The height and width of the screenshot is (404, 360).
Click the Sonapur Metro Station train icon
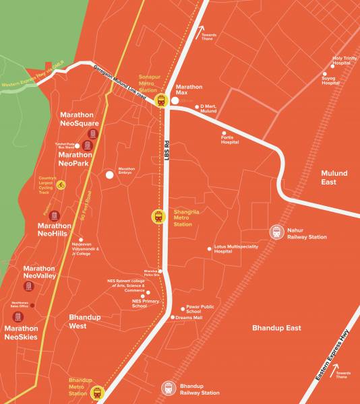pyautogui.click(x=160, y=101)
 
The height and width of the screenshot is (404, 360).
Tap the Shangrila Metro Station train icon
pyautogui.click(x=158, y=217)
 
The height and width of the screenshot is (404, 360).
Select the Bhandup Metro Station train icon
pyautogui.click(x=98, y=392)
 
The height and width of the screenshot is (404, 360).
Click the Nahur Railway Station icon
pyautogui.click(x=276, y=232)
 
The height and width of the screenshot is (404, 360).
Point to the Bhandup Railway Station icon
pyautogui.click(x=169, y=389)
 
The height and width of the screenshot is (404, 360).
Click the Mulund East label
pyautogui.click(x=334, y=178)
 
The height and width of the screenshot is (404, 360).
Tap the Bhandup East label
pyautogui.click(x=276, y=328)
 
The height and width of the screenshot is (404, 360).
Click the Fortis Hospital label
pyautogui.click(x=230, y=141)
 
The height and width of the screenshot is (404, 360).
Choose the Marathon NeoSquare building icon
pyautogui.click(x=94, y=135)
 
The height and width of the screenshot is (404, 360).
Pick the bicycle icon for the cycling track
pyautogui.click(x=61, y=184)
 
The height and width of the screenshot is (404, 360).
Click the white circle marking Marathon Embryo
pyautogui.click(x=109, y=175)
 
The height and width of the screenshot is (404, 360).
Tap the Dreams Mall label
pyautogui.click(x=189, y=318)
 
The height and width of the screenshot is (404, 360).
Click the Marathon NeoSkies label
pyautogui.click(x=21, y=333)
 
